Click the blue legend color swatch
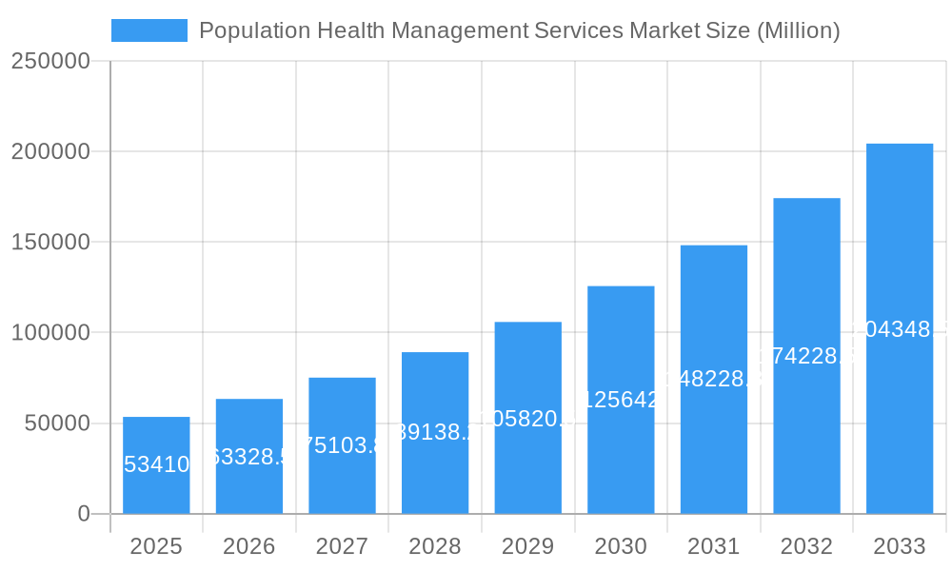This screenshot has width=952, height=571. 149,30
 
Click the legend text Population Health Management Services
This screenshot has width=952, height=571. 519,30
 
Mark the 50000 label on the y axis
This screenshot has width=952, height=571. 56,423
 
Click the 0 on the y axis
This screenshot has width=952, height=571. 83,514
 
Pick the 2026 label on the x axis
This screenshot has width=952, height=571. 249,546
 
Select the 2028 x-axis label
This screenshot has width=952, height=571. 435,546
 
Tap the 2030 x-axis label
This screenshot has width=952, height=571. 621,546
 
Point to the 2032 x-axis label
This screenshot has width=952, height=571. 806,546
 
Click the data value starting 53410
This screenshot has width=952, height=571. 156,464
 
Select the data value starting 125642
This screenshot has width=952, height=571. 621,400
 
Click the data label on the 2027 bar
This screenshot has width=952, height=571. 342,445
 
